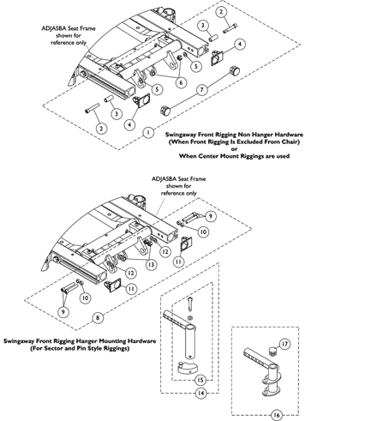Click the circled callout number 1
tap(148, 133)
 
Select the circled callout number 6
tap(181, 82)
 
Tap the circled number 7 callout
tap(202, 90)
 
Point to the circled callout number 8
tap(98, 318)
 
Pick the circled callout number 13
tap(151, 265)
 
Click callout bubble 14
tap(200, 394)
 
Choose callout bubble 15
tap(200, 380)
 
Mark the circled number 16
tap(276, 415)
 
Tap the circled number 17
tap(284, 344)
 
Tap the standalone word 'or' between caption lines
tap(234, 149)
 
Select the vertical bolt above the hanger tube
tap(190, 304)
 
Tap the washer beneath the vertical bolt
tap(190, 318)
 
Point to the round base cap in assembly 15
tap(186, 367)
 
